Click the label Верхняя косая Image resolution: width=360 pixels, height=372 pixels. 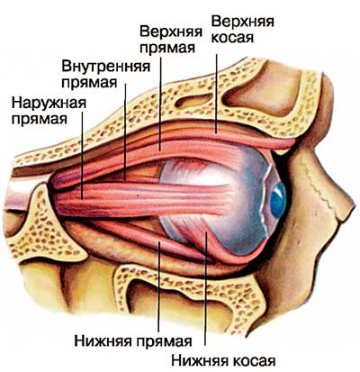[242, 30]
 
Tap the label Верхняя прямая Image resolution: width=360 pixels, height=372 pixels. [170, 40]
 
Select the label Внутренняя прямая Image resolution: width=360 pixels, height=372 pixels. [105, 74]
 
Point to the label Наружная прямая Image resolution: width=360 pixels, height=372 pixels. [49, 111]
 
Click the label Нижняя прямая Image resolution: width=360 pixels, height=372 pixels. [133, 341]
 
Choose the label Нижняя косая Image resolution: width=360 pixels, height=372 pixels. [223, 360]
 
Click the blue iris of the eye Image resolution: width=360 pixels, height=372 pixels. [278, 200]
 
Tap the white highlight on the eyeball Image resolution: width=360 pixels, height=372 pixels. [210, 178]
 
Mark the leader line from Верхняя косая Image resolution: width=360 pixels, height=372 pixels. [216, 94]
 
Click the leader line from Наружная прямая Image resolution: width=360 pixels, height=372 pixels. [82, 150]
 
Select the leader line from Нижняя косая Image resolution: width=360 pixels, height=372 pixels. [206, 288]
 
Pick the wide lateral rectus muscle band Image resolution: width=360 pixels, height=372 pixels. [141, 200]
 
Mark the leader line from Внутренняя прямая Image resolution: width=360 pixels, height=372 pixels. [125, 132]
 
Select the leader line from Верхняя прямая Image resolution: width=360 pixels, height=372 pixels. [160, 104]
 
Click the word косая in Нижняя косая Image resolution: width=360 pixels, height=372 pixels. [255, 360]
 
